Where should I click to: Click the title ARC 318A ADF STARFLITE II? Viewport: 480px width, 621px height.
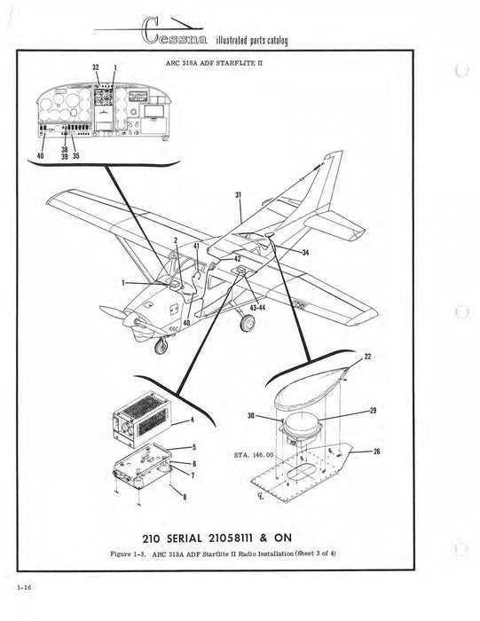[213, 63]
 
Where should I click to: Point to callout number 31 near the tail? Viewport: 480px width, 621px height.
[238, 195]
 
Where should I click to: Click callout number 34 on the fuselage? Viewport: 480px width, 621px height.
[305, 253]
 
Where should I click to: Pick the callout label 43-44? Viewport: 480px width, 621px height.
[261, 306]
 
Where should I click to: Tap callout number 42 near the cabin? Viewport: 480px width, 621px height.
[237, 258]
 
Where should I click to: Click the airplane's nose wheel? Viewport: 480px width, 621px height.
[161, 346]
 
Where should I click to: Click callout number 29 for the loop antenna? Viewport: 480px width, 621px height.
[374, 412]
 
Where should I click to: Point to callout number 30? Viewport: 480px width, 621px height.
[275, 415]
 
